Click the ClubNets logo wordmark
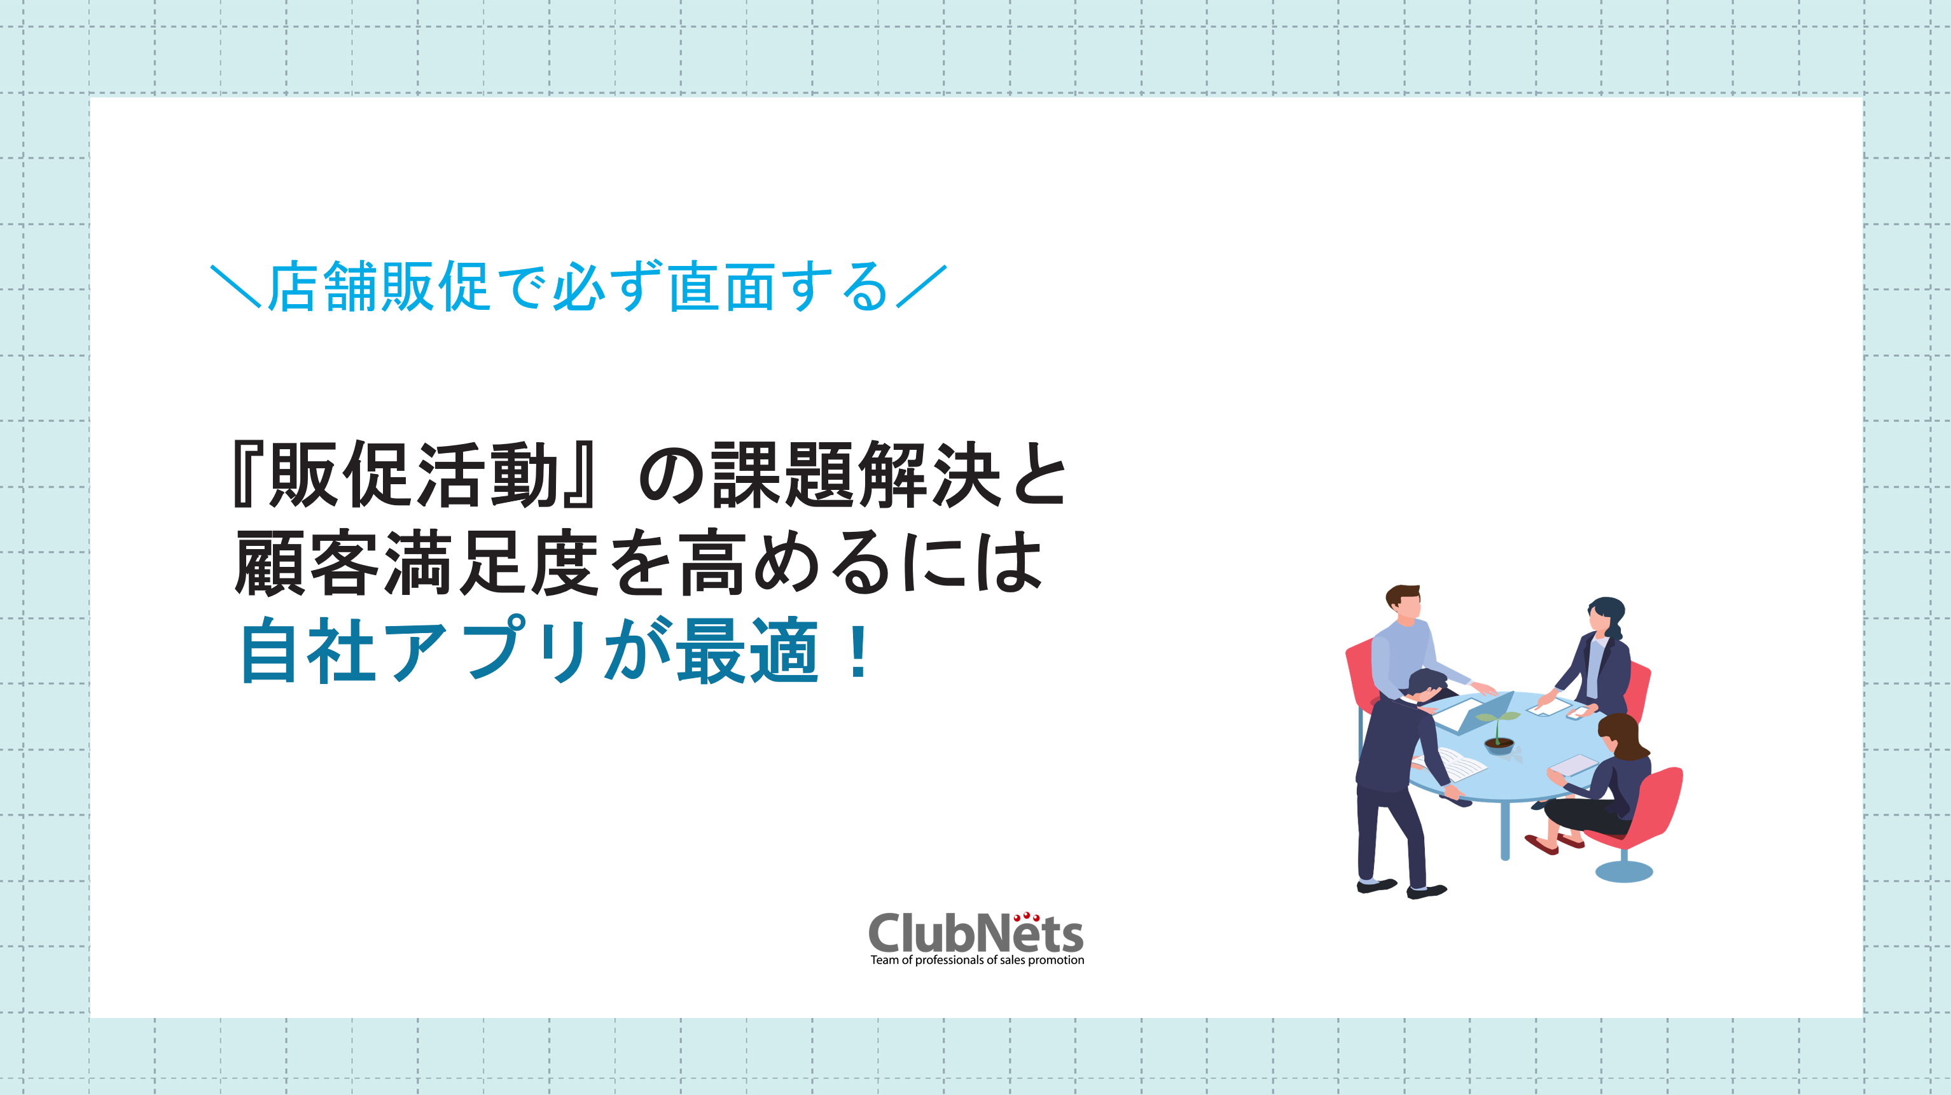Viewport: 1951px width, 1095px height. [976, 933]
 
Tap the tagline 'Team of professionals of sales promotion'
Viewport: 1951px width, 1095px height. [977, 960]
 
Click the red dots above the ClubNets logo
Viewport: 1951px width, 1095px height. [1026, 917]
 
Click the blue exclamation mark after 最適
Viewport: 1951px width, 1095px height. [859, 650]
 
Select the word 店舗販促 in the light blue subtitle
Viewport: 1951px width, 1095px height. [378, 286]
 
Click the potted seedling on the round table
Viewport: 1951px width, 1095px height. [1498, 731]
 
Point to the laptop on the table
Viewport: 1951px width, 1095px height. [1473, 713]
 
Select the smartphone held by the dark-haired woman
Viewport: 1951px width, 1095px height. [1578, 713]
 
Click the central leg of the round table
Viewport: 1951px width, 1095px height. [1505, 830]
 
